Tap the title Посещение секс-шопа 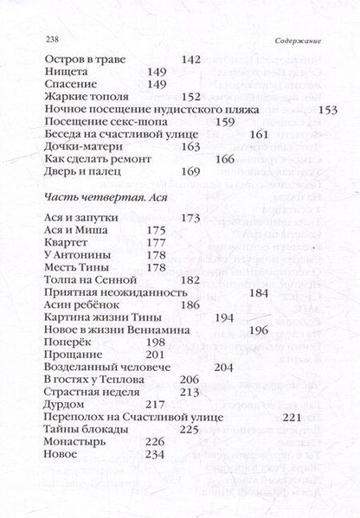pos(98,122)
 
